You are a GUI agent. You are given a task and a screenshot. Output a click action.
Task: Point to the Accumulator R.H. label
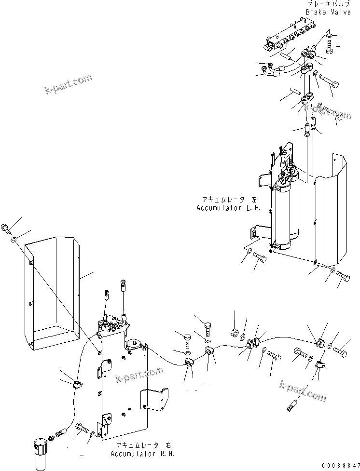coord(142,454)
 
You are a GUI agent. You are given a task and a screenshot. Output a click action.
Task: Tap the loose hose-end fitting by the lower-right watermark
coord(291,404)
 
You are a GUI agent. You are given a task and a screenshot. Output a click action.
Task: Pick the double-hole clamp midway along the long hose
coord(254,343)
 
